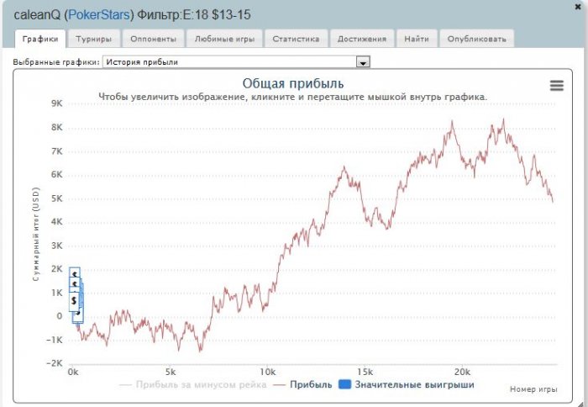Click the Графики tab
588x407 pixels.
pos(41,39)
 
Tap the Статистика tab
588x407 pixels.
pos(296,39)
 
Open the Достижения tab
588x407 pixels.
pos(362,39)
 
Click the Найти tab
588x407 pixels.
pos(417,39)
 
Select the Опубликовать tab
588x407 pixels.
pos(476,39)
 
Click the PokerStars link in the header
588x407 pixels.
pos(99,15)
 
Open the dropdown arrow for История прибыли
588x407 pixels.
pos(363,62)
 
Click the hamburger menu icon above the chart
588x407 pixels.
pos(556,85)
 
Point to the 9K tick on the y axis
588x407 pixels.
pos(57,103)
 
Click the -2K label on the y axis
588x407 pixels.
pos(55,362)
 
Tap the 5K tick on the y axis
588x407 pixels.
pos(57,198)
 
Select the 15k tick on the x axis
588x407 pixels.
pos(365,372)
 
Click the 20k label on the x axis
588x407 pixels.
pos(461,372)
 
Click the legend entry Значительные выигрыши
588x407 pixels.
pos(407,385)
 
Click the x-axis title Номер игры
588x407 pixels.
pos(533,389)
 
